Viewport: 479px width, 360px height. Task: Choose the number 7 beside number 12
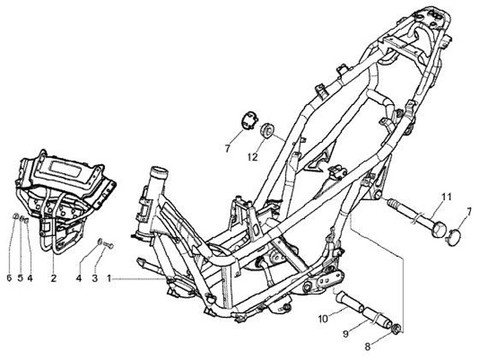click(227, 150)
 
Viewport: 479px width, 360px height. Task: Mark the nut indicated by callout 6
click(15, 217)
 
